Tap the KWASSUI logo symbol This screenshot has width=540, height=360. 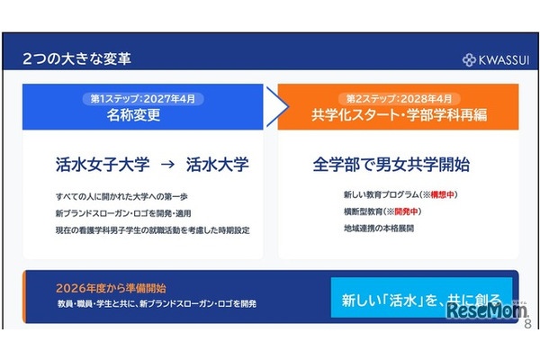tap(469, 60)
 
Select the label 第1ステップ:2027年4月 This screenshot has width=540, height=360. tap(142, 98)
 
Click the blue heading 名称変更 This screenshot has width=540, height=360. tap(142, 115)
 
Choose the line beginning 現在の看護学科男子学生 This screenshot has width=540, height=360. tap(151, 229)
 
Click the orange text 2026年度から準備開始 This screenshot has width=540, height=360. tap(110, 288)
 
